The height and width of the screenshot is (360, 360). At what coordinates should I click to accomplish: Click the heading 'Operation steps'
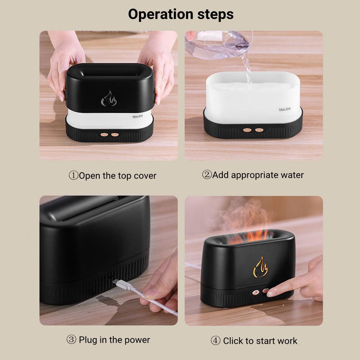click(181, 14)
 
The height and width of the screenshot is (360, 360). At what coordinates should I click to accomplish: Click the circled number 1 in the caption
click(73, 176)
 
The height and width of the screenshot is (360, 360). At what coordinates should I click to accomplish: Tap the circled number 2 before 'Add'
click(207, 175)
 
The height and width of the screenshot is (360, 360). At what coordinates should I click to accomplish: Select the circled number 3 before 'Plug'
click(71, 339)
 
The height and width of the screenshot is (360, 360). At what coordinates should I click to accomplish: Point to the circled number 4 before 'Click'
click(215, 341)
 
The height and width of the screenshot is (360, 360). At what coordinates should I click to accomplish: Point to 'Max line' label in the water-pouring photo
click(285, 109)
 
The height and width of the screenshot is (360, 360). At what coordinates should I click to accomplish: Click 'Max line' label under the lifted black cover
click(138, 117)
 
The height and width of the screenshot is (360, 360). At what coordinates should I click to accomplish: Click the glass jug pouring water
click(220, 44)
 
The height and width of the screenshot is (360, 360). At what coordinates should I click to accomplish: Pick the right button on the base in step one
click(115, 135)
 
